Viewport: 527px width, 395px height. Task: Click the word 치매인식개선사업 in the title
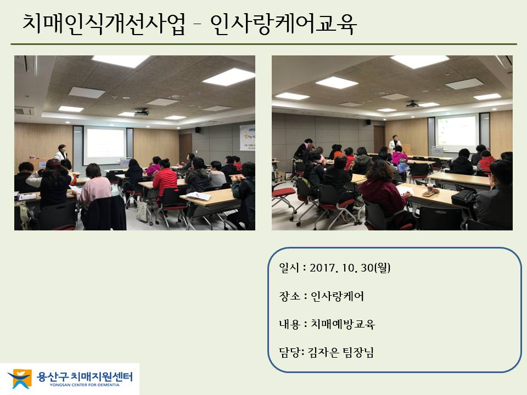click(104, 24)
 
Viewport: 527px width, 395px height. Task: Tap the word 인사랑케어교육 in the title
click(283, 24)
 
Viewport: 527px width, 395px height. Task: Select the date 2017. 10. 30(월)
click(350, 268)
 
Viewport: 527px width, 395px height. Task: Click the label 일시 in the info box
click(289, 268)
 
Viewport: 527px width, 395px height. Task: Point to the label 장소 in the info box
click(289, 296)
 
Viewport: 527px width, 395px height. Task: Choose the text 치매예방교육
click(342, 324)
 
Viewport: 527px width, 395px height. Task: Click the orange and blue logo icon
click(20, 379)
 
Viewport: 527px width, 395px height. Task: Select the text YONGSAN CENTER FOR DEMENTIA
click(85, 385)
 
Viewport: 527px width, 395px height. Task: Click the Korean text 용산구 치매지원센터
click(85, 376)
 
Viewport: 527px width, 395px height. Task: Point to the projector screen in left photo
click(104, 145)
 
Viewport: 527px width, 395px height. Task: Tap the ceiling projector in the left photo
click(142, 112)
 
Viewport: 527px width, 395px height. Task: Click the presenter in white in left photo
click(61, 154)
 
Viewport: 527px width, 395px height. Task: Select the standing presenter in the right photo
click(395, 143)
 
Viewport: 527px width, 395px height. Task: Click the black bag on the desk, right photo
click(463, 198)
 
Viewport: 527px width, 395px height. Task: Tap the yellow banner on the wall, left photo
click(248, 138)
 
